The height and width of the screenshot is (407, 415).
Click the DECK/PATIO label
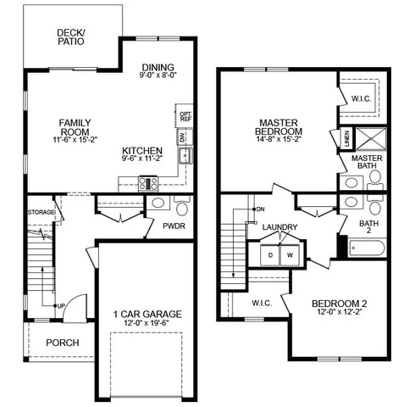[x=70, y=36]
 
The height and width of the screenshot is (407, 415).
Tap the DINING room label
[x=158, y=68]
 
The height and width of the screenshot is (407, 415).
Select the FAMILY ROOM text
[x=75, y=127]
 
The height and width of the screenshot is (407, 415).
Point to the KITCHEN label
[x=141, y=149]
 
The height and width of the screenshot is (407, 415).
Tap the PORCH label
[x=63, y=343]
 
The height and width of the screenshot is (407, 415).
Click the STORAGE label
[x=41, y=212]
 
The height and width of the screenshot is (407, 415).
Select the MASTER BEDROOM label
[x=279, y=127]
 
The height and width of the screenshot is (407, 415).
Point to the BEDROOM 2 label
[x=339, y=304]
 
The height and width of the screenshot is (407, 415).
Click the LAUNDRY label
[x=279, y=227]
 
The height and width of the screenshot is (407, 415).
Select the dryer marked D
[x=271, y=254]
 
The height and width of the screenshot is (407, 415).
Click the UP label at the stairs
[x=61, y=305]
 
